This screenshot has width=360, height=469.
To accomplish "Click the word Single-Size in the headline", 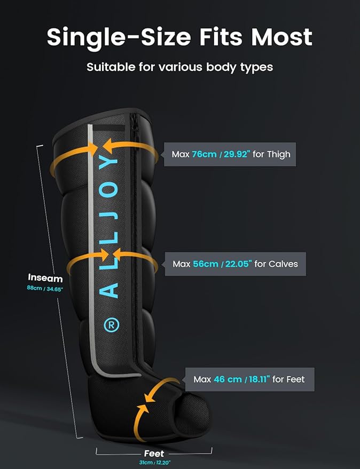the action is (119, 38).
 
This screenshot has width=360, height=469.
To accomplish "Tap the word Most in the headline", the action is (281, 37).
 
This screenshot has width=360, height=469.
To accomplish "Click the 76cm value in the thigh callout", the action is (204, 154).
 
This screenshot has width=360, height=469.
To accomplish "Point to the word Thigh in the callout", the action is (279, 155).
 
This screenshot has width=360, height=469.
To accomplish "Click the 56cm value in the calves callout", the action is (206, 264).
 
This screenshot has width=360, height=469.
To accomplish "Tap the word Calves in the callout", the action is (283, 264).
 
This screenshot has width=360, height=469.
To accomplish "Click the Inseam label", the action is (45, 278).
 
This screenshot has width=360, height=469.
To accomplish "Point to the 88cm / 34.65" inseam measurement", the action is (45, 289).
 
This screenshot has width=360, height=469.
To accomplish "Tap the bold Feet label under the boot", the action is (154, 454).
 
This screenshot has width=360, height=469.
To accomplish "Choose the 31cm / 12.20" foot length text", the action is (154, 463).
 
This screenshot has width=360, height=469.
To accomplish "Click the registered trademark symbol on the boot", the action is (111, 325).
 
